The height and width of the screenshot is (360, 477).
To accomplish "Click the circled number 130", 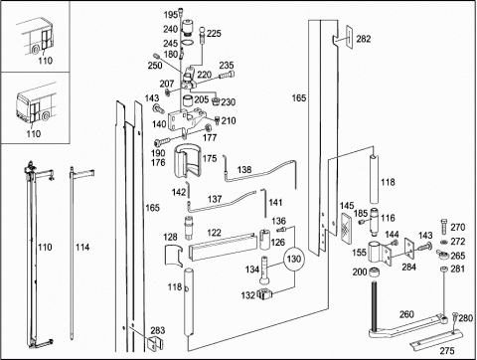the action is tap(294, 259).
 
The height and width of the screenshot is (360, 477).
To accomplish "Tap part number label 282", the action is tap(364, 39).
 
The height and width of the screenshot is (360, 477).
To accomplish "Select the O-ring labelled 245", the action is tap(188, 43).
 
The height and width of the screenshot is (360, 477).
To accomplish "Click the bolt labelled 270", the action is tap(444, 227).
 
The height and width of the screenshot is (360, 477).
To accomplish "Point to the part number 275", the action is tap(447, 350).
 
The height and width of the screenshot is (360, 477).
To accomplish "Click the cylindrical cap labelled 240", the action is tap(188, 28).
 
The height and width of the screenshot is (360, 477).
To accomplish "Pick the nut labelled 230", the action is tap(216, 101).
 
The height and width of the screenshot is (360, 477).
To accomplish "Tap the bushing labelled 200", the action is tap(375, 272).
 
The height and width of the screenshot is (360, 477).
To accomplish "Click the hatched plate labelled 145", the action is tap(347, 224).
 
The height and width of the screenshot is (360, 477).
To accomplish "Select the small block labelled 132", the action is tap(264, 293).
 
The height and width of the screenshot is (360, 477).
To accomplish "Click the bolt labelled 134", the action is tap(264, 270).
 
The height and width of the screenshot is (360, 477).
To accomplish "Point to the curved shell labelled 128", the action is tap(174, 256).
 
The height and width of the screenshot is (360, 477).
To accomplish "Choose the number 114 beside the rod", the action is tap(82, 248).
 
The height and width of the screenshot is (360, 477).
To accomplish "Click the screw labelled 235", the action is tap(227, 76).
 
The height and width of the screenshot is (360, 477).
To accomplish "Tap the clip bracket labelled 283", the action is tap(155, 343).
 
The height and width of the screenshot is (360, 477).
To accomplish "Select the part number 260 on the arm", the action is tap(406, 314).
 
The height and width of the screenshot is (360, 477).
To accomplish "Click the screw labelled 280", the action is tap(454, 318).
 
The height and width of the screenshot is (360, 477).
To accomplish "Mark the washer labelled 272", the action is tap(444, 242).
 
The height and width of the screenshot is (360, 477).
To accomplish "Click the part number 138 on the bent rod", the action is tap(244, 170).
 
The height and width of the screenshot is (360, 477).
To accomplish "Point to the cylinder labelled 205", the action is tap(188, 100).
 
